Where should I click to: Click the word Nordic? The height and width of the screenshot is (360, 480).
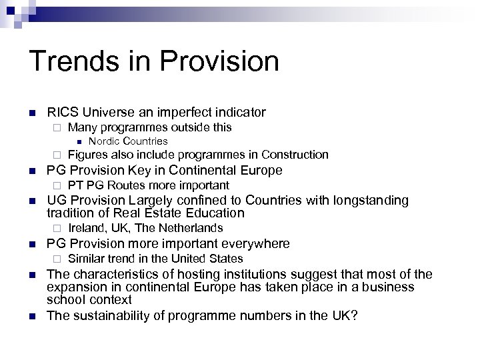click(103, 141)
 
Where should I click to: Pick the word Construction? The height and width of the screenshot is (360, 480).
click(295, 155)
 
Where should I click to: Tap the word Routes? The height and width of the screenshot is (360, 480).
click(127, 185)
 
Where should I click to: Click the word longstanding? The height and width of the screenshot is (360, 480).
click(370, 199)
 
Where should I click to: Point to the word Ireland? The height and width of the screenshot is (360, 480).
click(87, 228)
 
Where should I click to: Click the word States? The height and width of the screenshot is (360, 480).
click(227, 258)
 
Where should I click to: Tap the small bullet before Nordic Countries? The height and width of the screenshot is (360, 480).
click(78, 141)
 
